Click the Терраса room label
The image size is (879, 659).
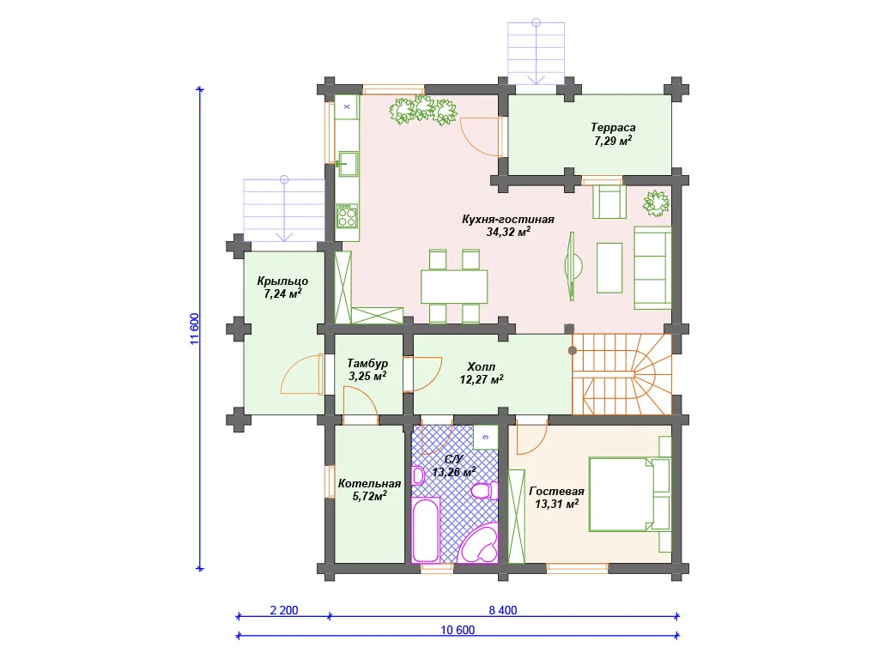pos(613,128)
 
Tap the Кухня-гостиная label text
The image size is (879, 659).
pos(508,219)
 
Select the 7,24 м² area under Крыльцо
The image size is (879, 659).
pos(282,293)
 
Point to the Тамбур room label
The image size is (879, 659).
pos(367,363)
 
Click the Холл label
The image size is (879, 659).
pos(481,366)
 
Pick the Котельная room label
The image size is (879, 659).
pos(369,483)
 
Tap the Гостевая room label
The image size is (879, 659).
pos(556,491)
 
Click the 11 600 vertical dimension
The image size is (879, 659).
pos(195,329)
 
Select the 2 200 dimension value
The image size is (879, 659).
pos(284,610)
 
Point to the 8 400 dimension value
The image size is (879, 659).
pos(503,610)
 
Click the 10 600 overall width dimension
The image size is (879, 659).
pos(458,630)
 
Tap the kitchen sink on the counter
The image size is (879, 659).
pos(347,163)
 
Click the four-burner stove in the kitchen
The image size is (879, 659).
pos(347,215)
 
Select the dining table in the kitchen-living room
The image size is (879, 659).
pos(454,287)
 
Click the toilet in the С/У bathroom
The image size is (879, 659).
pos(485,491)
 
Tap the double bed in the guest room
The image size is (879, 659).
pos(621,494)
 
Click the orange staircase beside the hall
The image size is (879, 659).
pos(621,374)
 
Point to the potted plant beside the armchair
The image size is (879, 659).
pos(656,203)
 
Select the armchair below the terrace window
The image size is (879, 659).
pos(609,202)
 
